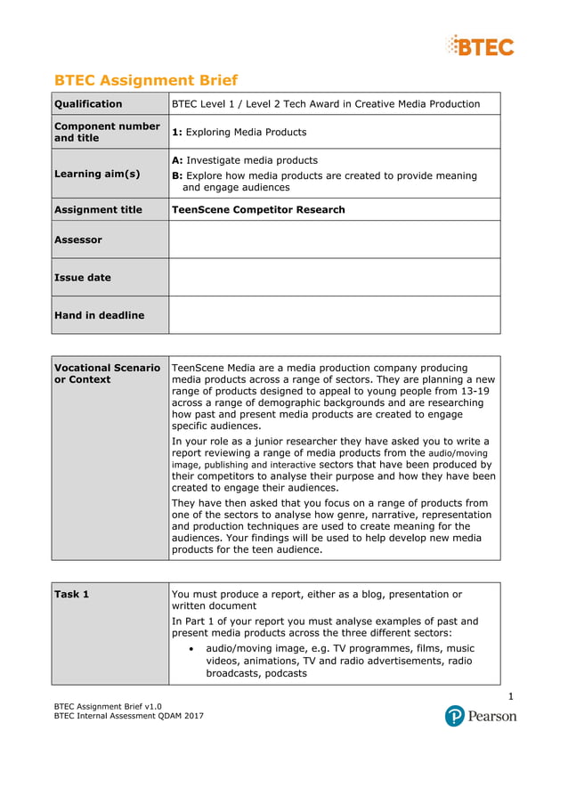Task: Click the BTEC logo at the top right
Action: [x=481, y=45]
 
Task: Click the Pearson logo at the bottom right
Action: [x=481, y=716]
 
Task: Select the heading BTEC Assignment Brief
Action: [x=146, y=80]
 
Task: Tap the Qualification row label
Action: [x=88, y=104]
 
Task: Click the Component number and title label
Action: [x=107, y=132]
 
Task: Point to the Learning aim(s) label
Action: [x=97, y=174]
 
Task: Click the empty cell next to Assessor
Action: [x=334, y=240]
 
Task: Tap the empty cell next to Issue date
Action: [x=334, y=277]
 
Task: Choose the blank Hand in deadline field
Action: [x=334, y=314]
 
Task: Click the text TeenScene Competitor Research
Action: [x=258, y=210]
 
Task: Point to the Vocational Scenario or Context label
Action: [x=107, y=373]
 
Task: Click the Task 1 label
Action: [x=72, y=595]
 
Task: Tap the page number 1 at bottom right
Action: [x=511, y=695]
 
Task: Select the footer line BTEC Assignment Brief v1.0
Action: [x=108, y=705]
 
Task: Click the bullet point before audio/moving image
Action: [x=193, y=649]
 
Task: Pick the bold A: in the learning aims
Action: [x=177, y=160]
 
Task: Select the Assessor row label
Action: [x=78, y=240]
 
